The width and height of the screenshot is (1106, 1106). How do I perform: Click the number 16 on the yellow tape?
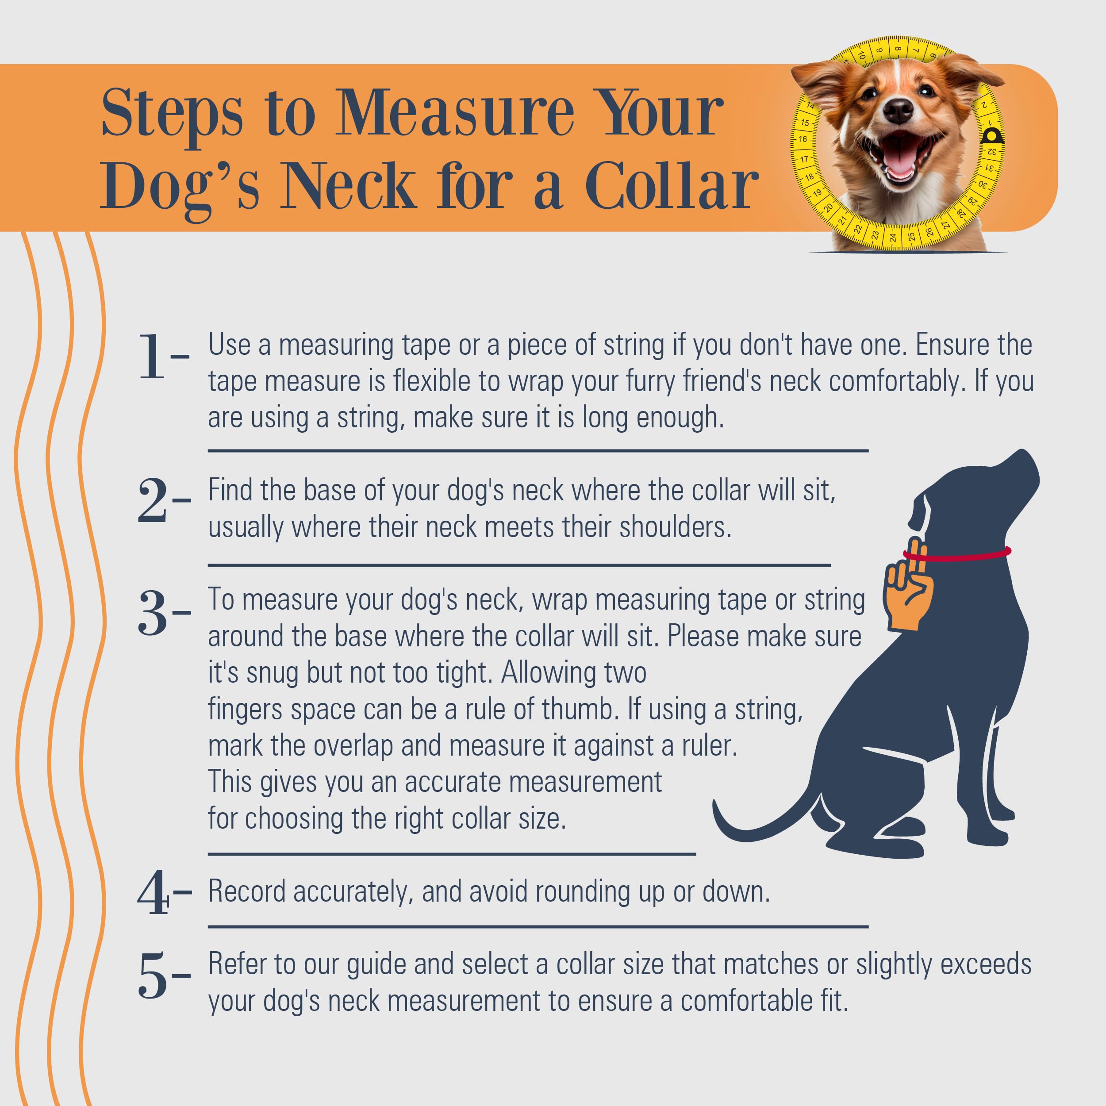pos(803,138)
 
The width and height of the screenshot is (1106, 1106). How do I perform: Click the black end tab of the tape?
pos(991,136)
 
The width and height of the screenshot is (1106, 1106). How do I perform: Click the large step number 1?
pos(152,357)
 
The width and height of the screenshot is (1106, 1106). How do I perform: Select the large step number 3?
pos(153,613)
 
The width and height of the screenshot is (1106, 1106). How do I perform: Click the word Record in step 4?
pos(247,891)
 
